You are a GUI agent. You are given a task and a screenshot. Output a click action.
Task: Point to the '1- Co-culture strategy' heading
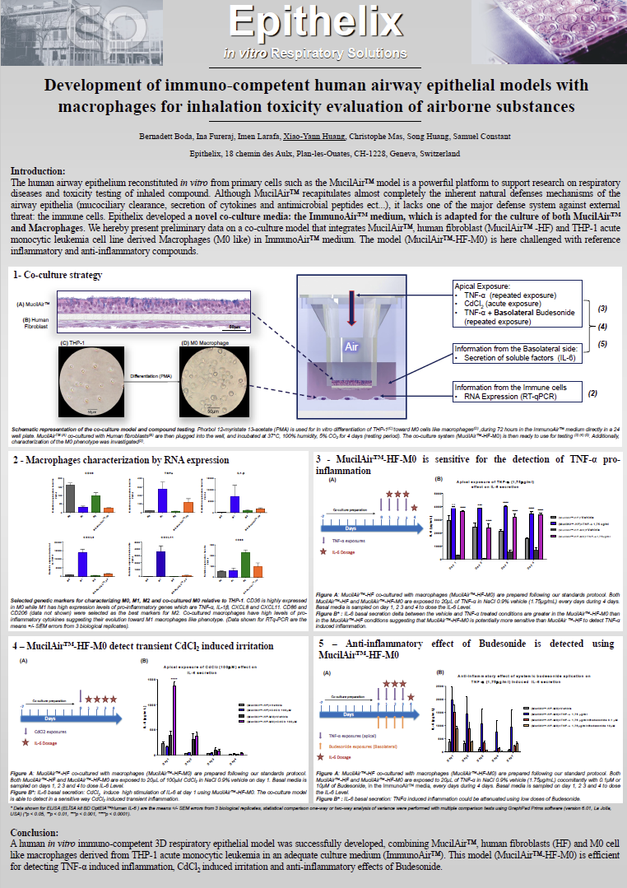pyautogui.click(x=58, y=274)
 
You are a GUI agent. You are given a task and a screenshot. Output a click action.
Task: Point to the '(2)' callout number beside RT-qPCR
pyautogui.click(x=592, y=393)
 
